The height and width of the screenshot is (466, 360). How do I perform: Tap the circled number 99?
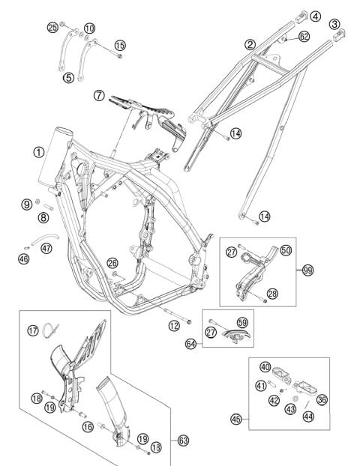[x=308, y=270]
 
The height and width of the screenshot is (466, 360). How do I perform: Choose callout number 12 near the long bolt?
[x=173, y=325]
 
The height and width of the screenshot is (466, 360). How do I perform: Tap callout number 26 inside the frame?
[x=112, y=262]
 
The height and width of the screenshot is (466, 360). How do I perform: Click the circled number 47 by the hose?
[x=46, y=248]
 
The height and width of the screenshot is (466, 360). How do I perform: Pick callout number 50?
[x=285, y=252]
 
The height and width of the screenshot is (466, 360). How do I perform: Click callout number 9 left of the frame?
[x=26, y=204]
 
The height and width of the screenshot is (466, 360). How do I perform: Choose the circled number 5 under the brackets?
[x=68, y=76]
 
